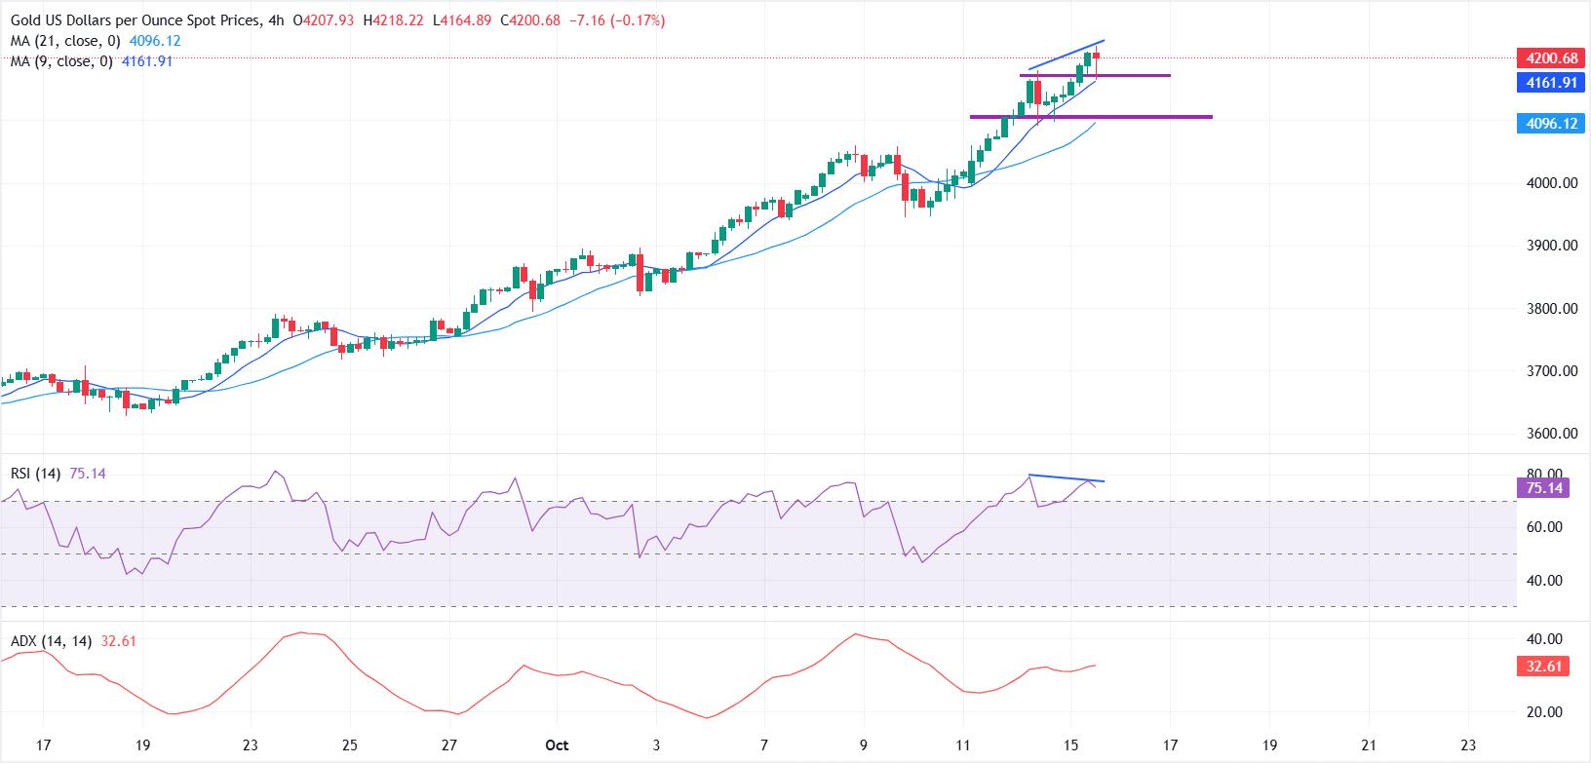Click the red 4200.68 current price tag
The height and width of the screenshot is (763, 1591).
click(1551, 58)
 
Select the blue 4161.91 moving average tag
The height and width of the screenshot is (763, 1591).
click(1551, 83)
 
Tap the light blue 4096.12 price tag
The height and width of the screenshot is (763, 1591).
click(1551, 124)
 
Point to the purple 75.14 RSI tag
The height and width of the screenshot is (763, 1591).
click(1543, 488)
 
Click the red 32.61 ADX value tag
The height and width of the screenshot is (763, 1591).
click(1543, 667)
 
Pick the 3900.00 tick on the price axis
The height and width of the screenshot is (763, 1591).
click(1551, 246)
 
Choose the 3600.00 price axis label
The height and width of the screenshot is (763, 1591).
click(1551, 434)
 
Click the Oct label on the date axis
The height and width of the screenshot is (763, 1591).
click(557, 745)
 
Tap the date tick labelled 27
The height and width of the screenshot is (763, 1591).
click(448, 745)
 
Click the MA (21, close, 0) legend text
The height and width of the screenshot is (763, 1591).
click(65, 41)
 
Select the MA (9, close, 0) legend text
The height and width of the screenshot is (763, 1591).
click(61, 61)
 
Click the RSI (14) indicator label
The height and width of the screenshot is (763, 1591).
click(35, 474)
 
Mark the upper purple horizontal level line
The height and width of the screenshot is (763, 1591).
click(1095, 75)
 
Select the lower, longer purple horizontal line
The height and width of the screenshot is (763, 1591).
click(1091, 117)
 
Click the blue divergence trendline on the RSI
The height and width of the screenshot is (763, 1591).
click(1067, 478)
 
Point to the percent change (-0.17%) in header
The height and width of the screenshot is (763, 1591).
click(638, 20)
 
